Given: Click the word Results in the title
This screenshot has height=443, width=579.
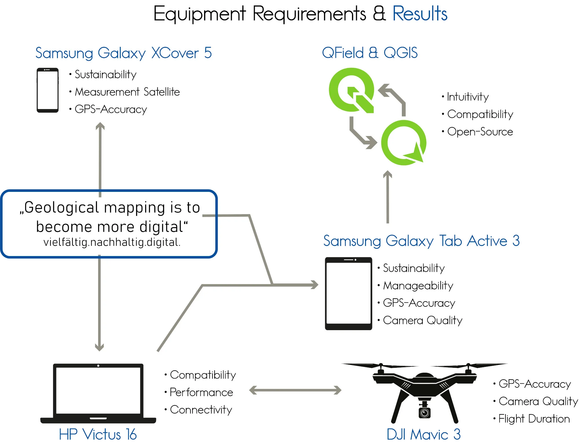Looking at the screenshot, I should (419, 14).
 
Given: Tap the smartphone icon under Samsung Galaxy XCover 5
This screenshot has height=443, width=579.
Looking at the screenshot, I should (47, 90).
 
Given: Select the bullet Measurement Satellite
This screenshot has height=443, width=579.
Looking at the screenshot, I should (127, 92).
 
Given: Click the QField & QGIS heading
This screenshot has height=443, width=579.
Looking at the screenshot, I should (370, 53).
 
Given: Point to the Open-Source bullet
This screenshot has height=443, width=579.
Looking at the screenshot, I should (480, 132).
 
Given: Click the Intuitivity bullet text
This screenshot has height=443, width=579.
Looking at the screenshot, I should (468, 97).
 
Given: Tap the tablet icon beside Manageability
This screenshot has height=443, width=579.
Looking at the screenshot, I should (348, 293).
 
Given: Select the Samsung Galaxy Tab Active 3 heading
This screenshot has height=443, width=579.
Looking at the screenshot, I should (421, 241).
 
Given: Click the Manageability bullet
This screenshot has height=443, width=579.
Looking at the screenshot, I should (418, 286).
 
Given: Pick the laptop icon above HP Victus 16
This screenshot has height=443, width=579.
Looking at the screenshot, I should (98, 393).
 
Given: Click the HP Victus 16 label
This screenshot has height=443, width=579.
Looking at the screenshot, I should (98, 434).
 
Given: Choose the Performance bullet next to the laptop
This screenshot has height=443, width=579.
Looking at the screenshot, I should (201, 392).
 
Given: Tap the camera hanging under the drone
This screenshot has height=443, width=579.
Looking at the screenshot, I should (424, 412).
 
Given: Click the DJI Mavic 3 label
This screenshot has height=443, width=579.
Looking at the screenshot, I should (424, 434).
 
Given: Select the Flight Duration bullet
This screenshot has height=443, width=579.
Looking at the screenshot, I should (534, 419).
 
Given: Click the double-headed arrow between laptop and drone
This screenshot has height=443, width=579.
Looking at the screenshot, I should (295, 390).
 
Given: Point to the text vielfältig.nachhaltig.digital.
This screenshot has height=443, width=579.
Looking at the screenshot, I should (112, 242).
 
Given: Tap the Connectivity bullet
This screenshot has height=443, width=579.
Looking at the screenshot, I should (201, 410).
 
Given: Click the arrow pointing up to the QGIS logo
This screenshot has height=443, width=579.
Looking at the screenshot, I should (388, 197).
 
